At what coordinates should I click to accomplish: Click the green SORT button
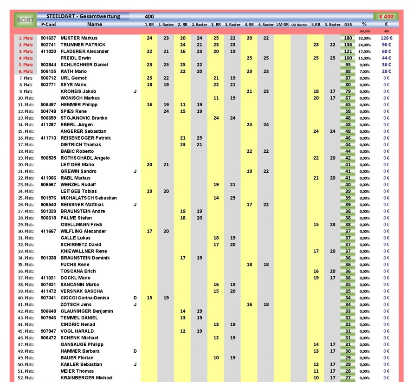click(25, 20)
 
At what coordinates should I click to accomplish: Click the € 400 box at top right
click(386, 17)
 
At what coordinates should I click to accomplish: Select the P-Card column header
click(48, 24)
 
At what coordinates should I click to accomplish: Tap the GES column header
click(348, 24)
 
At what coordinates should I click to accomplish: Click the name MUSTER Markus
click(79, 38)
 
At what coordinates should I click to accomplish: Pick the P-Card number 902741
click(48, 45)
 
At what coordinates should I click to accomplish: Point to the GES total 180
click(348, 38)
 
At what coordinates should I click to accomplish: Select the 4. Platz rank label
click(26, 58)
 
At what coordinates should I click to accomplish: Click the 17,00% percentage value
click(364, 52)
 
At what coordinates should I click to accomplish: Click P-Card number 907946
click(48, 318)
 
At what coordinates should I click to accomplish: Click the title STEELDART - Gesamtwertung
click(83, 16)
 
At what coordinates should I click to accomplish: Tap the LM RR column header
click(283, 24)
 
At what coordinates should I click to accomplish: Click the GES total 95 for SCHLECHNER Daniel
click(348, 65)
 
